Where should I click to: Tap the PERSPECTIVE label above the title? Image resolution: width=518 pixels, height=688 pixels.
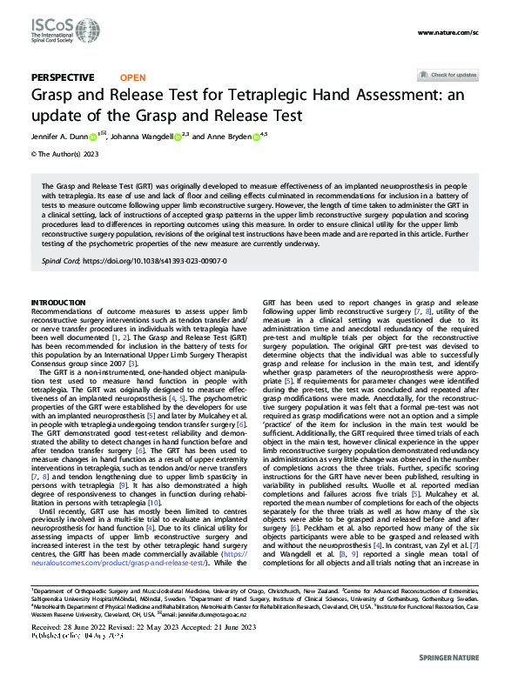pos(63,77)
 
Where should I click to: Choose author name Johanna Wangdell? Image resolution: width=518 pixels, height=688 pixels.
pos(140,136)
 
